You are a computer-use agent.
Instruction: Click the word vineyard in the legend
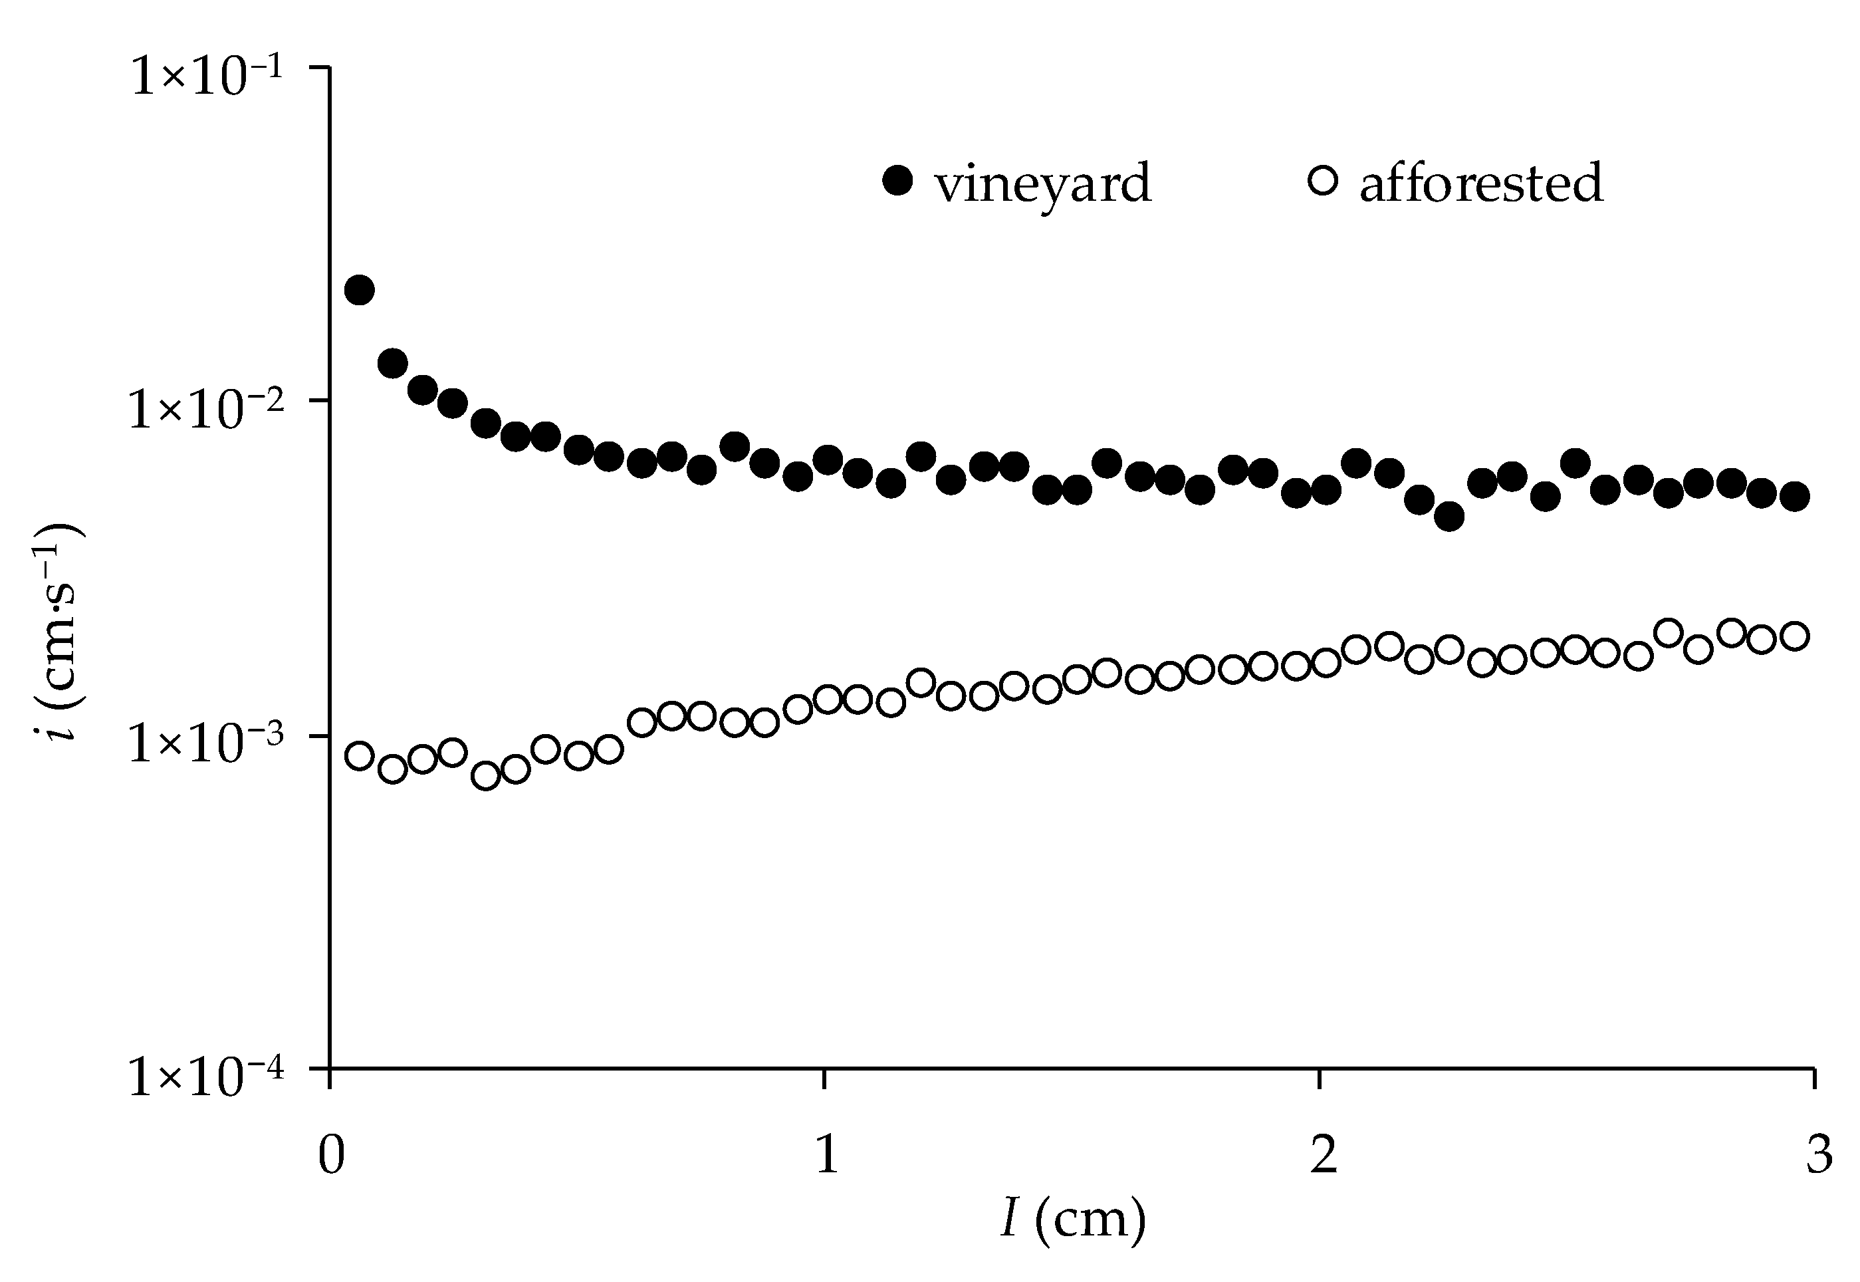click(x=1042, y=183)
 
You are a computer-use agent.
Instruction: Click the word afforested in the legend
click(x=1480, y=182)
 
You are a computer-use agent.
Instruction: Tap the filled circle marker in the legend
click(x=897, y=180)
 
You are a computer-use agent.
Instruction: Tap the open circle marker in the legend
click(x=1323, y=180)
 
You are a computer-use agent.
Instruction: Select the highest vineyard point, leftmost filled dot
click(x=359, y=290)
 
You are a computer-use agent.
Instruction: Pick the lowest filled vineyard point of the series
click(x=1449, y=517)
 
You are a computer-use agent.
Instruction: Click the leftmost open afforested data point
click(x=359, y=756)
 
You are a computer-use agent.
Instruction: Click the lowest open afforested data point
click(x=486, y=776)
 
